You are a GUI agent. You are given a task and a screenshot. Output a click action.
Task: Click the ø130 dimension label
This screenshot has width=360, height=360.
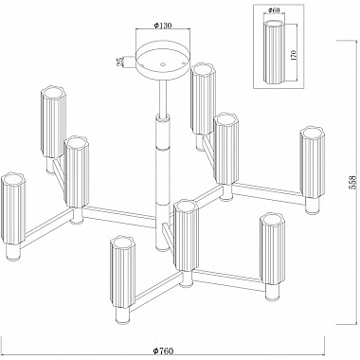point(163,26)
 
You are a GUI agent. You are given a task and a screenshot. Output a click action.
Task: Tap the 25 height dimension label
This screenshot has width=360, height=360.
point(120,62)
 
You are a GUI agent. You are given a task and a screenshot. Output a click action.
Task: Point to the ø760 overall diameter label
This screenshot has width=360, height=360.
point(163,351)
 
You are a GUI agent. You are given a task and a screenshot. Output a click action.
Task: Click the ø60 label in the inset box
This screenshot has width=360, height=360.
point(274,10)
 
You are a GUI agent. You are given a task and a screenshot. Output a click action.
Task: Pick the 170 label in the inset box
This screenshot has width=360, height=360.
point(294,55)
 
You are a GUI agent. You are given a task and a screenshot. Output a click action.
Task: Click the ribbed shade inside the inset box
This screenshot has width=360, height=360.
point(275,52)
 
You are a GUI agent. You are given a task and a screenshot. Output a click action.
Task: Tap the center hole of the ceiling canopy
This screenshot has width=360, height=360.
point(163,64)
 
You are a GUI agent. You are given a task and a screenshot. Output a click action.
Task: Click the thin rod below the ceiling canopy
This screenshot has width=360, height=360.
point(163,98)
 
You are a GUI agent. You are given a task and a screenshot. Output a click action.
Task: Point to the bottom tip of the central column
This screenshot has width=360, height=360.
point(163,250)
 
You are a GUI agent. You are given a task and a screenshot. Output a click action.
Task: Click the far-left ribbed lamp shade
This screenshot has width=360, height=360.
point(13,208)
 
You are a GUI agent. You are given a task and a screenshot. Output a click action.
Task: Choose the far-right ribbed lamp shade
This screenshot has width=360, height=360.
point(312,163)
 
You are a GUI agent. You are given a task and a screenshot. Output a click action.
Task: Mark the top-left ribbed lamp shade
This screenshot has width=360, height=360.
point(54,122)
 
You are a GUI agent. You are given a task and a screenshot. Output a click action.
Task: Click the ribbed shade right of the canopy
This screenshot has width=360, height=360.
point(204,99)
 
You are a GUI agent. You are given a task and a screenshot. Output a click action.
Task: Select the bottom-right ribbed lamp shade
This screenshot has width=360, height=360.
point(272,249)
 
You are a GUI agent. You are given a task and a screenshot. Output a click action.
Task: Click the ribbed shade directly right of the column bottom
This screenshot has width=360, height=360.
point(187,236)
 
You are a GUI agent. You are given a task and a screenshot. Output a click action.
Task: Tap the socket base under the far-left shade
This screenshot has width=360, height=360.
point(13,252)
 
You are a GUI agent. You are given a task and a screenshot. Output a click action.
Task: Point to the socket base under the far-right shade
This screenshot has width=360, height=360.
point(313,206)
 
